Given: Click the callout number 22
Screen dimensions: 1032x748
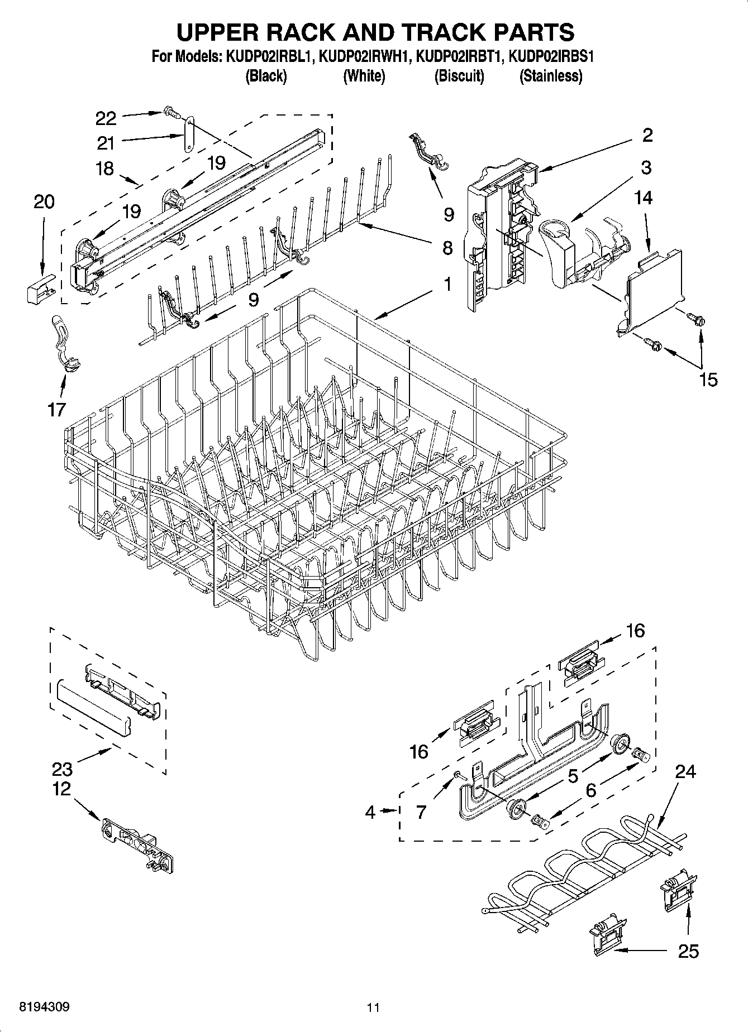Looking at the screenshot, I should [x=106, y=118].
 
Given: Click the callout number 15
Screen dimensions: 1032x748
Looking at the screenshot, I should [x=708, y=380].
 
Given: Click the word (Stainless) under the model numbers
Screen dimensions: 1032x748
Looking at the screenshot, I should [x=551, y=76].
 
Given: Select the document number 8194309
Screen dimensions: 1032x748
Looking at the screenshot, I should [x=45, y=1007].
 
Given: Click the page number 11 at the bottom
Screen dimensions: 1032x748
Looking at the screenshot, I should [x=373, y=1007].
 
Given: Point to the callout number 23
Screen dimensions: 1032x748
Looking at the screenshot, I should [x=62, y=769].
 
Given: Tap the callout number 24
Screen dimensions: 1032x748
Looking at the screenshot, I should [x=685, y=771].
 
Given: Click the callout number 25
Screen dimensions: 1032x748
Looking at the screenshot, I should [x=688, y=951].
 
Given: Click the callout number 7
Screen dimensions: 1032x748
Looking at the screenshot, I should [x=421, y=812].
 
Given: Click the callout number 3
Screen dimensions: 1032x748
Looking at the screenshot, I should [x=646, y=167].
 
